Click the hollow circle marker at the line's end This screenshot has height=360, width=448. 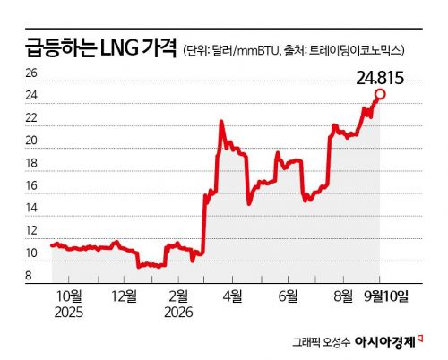(x=380, y=94)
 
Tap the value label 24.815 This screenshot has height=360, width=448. (x=380, y=78)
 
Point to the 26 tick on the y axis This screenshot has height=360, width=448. (x=31, y=73)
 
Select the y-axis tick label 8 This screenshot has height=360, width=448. (x=29, y=275)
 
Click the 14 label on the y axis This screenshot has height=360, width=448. (x=31, y=208)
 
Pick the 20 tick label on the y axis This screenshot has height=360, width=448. (x=31, y=141)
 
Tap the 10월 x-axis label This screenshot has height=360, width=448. (x=69, y=296)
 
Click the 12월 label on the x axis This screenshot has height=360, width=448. (x=125, y=296)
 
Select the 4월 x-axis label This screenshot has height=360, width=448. (x=233, y=296)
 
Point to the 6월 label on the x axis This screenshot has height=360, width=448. (x=288, y=296)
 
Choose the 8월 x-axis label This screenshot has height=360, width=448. (x=343, y=296)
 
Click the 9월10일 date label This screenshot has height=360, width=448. (x=386, y=296)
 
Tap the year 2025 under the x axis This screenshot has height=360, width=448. (x=69, y=313)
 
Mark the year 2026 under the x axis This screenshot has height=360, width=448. (x=178, y=313)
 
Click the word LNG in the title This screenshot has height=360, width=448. (x=119, y=48)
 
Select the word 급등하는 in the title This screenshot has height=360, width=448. (x=61, y=47)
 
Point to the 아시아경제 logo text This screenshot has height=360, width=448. (x=385, y=342)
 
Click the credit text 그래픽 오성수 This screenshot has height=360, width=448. (x=321, y=342)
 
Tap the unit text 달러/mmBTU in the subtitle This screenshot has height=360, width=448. (x=246, y=50)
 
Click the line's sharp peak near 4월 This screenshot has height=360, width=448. (x=221, y=121)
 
